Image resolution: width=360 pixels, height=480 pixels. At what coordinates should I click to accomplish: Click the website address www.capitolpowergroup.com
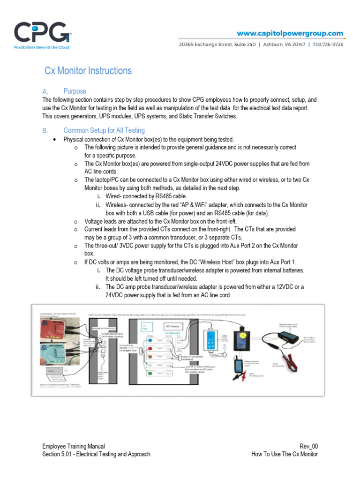click(290, 33)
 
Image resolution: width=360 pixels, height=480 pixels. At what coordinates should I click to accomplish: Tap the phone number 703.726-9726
click(328, 45)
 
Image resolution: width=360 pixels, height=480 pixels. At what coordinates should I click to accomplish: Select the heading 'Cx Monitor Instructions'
click(88, 71)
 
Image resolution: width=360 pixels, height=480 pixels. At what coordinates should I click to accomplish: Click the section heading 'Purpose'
click(75, 91)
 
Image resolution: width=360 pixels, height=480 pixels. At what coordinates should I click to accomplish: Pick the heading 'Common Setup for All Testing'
click(104, 130)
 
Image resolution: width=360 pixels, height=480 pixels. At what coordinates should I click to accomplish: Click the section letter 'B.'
click(45, 130)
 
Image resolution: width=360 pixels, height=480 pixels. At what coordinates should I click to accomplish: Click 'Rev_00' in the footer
click(308, 446)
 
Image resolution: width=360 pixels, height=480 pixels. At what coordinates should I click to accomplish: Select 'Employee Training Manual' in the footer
click(74, 446)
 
